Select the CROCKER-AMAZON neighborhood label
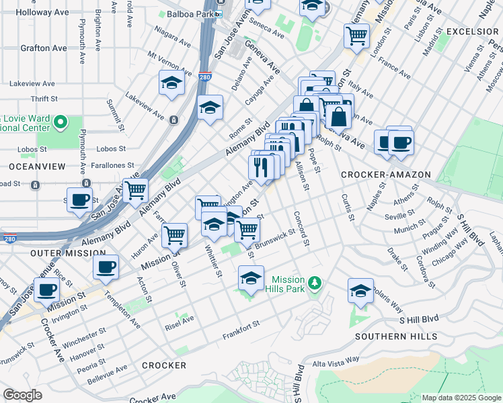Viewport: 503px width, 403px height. [385, 174]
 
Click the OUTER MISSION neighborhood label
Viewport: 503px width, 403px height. [59, 253]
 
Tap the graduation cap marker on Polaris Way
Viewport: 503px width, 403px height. [360, 291]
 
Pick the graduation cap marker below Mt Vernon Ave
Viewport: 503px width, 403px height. [171, 83]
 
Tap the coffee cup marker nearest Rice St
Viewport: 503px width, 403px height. [47, 290]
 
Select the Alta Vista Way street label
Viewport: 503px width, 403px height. [336, 362]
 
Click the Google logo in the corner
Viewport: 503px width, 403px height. [22, 395]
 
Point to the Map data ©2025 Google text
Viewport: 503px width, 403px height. [461, 398]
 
